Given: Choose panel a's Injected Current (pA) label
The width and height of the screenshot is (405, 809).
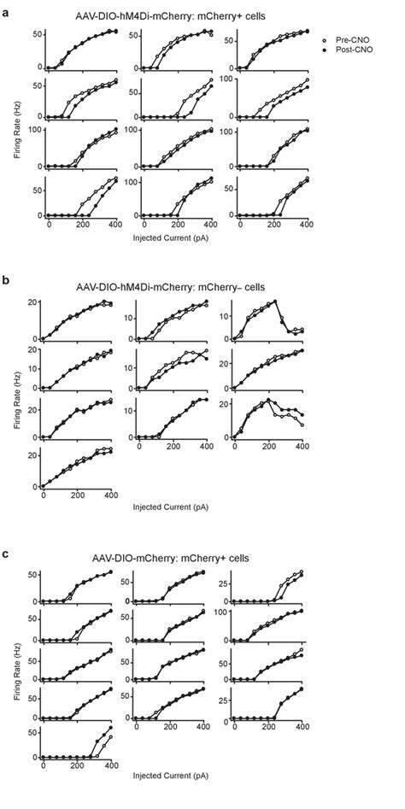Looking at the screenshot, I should click(x=178, y=236).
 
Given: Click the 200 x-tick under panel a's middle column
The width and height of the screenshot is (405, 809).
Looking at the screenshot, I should click(x=179, y=224).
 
